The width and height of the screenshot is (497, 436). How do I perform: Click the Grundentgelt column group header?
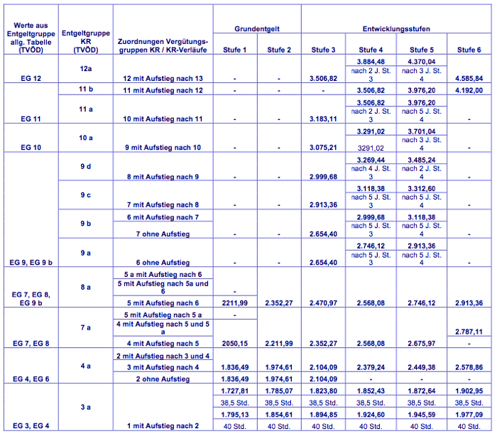tap(257, 29)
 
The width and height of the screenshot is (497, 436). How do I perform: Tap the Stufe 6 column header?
tap(469, 50)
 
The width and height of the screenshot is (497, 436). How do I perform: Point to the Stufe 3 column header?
tap(324, 50)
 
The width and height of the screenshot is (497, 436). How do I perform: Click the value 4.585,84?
tap(469, 77)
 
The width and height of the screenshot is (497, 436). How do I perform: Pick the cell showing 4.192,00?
tap(469, 91)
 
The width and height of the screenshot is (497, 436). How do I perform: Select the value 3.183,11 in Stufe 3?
tap(324, 119)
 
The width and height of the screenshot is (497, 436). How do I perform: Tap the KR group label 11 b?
tap(86, 89)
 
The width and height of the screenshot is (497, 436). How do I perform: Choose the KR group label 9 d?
tap(86, 166)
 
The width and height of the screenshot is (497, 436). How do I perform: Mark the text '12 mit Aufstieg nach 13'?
tap(163, 77)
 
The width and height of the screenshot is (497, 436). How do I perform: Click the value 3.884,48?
tap(371, 62)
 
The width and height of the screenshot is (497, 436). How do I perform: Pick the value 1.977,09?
tap(469, 413)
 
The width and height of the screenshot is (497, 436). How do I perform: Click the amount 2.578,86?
tap(469, 367)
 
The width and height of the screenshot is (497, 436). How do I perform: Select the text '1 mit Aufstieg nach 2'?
tap(163, 425)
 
